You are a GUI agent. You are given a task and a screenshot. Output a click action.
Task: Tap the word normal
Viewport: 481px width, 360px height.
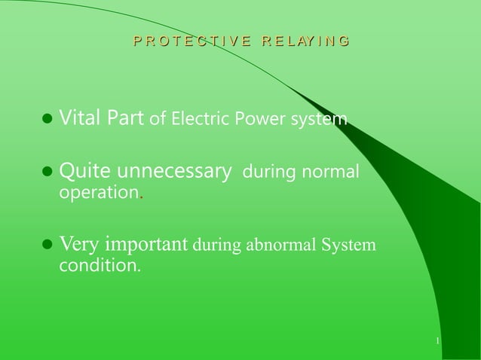(x=331, y=173)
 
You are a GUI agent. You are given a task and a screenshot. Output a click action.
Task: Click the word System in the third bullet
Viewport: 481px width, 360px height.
(x=350, y=246)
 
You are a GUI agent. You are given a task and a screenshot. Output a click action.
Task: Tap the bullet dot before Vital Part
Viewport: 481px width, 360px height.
(x=47, y=119)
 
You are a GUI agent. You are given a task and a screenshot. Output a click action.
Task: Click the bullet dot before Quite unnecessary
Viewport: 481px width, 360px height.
(x=47, y=173)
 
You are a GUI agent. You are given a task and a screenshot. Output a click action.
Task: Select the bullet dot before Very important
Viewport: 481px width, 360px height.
(x=47, y=246)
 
